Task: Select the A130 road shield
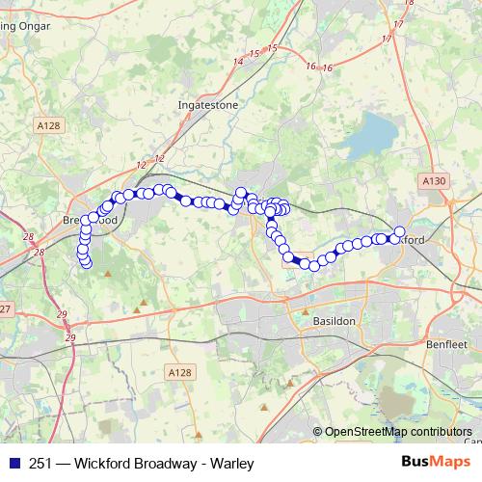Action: [434, 179]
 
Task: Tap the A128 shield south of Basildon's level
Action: [178, 372]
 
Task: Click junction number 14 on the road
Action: [238, 62]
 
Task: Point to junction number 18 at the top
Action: [409, 4]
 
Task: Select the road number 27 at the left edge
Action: [5, 308]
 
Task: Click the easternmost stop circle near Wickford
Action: [400, 231]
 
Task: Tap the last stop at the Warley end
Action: [86, 262]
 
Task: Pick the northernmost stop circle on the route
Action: [240, 192]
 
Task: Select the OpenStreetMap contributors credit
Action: [398, 432]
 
